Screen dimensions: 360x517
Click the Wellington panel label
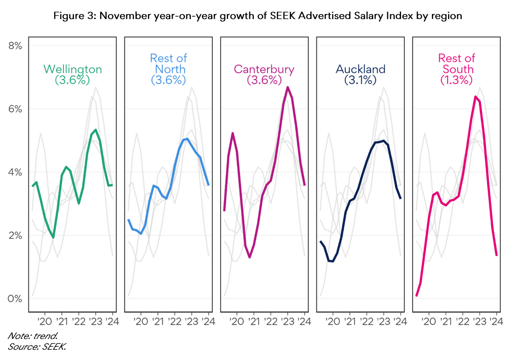click(x=72, y=69)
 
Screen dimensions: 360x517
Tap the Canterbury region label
click(x=264, y=69)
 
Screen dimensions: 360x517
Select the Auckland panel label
click(x=360, y=69)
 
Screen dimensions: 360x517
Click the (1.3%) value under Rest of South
click(x=456, y=80)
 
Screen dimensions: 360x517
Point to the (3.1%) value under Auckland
click(x=360, y=80)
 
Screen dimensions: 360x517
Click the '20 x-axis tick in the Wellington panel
click(x=45, y=321)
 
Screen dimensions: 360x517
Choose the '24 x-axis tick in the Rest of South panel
click(x=496, y=321)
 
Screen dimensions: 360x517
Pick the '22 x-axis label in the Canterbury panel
click(x=270, y=321)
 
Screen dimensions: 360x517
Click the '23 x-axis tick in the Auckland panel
click(x=383, y=321)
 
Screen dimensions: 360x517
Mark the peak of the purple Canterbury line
click(x=288, y=87)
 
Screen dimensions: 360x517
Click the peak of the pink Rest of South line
click(x=475, y=96)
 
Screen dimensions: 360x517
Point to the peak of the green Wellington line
click(x=95, y=130)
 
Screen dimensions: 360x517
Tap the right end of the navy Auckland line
click(x=401, y=198)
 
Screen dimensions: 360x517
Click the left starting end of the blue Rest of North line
click(x=128, y=220)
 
